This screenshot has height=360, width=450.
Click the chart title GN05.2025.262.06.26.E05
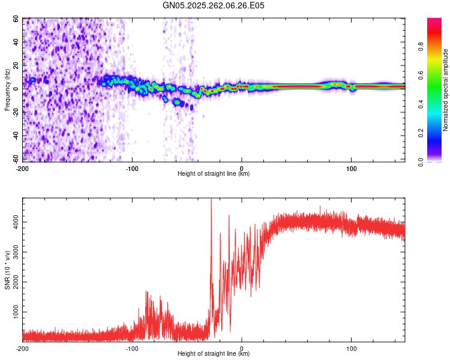[214, 5]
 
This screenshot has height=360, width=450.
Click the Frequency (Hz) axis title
[7, 90]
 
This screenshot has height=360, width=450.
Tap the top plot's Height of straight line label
[214, 173]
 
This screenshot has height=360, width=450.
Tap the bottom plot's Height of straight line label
[214, 353]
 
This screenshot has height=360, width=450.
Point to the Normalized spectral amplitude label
[446, 90]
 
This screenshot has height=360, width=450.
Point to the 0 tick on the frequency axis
[17, 89]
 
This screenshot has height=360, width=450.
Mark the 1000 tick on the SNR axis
[13, 313]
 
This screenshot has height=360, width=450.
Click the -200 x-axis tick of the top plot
[22, 167]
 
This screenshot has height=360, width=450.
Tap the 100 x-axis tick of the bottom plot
[351, 347]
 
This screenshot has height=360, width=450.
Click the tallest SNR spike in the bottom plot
[211, 200]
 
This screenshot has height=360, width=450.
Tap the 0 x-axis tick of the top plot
[242, 167]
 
